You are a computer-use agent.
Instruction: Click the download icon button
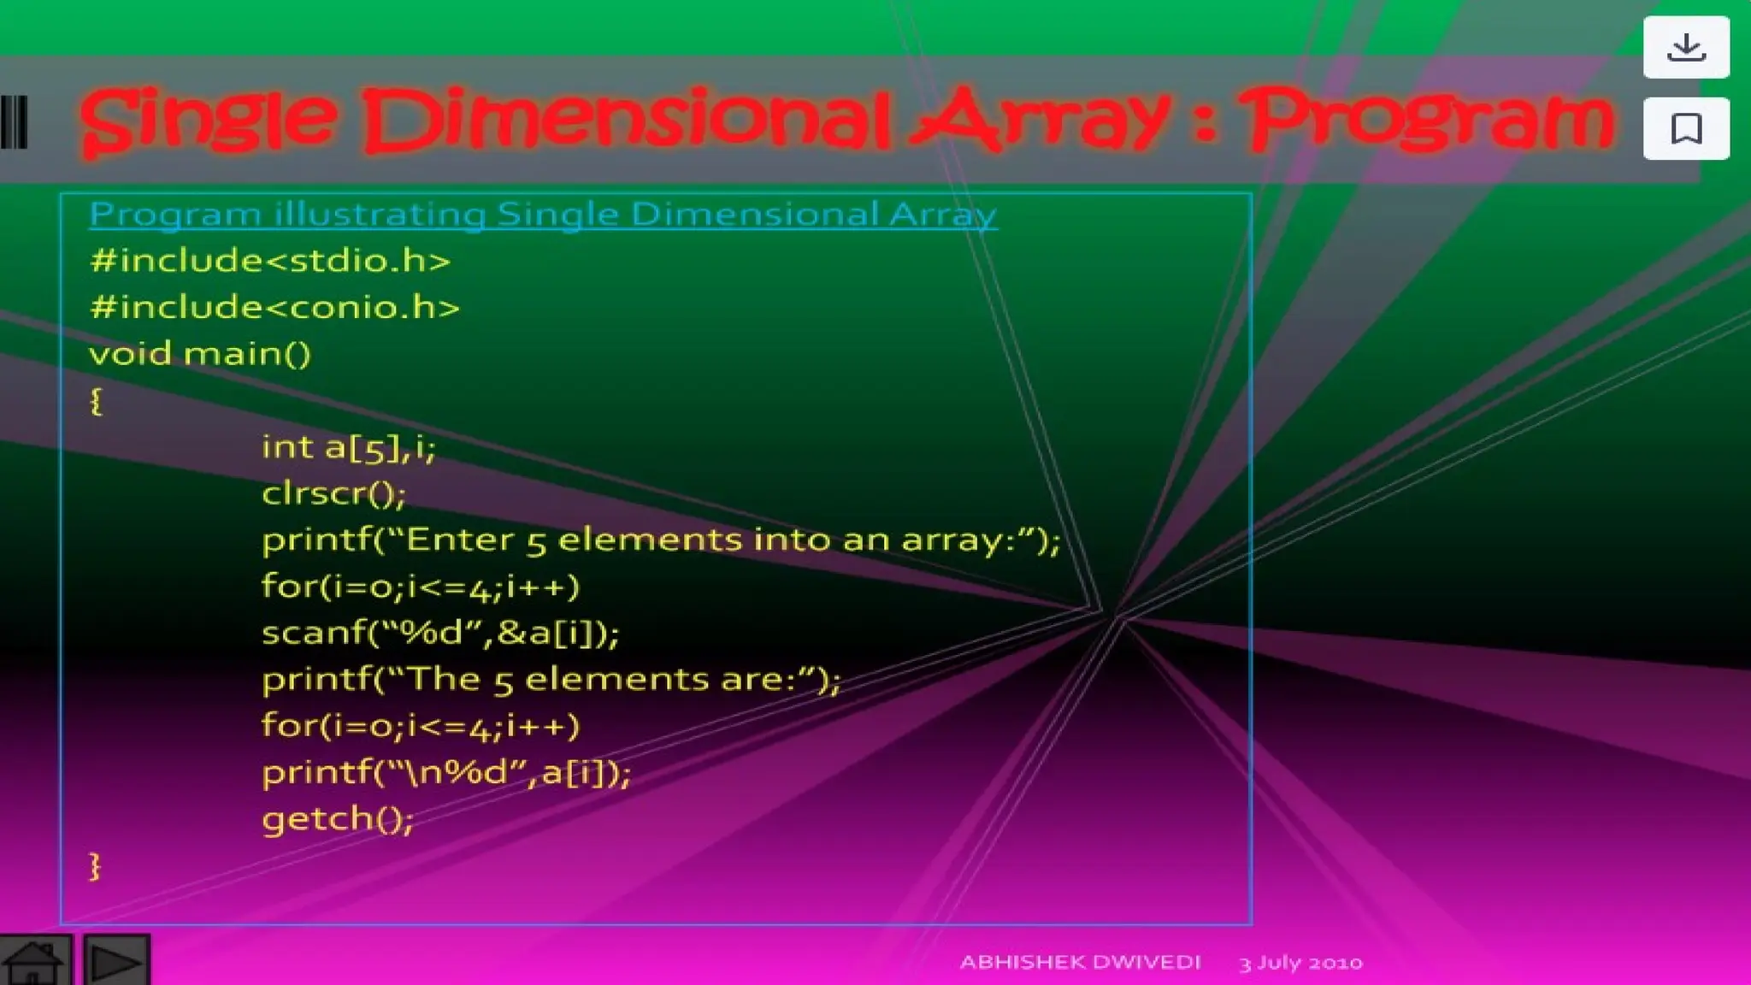click(x=1686, y=47)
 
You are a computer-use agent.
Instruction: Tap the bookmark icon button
click(x=1686, y=129)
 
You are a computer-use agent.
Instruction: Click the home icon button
click(x=34, y=962)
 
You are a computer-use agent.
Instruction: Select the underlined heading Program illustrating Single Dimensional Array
click(x=543, y=214)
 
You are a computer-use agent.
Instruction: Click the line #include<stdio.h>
click(x=270, y=261)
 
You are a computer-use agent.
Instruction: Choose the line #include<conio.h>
click(x=274, y=307)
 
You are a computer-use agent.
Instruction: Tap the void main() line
click(x=200, y=353)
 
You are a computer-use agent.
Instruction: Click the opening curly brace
click(x=96, y=400)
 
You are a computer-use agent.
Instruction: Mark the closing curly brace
click(x=95, y=865)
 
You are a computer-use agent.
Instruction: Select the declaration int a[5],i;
click(x=349, y=447)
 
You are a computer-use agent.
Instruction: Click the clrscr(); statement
click(x=333, y=493)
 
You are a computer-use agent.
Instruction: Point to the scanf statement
click(x=440, y=633)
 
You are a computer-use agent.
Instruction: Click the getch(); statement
click(x=338, y=819)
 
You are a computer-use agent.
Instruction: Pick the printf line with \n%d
click(x=446, y=773)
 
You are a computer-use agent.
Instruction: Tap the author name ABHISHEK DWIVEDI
click(x=1080, y=962)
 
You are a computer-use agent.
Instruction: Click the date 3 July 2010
click(x=1300, y=963)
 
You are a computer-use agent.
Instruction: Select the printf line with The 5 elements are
click(x=551, y=680)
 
